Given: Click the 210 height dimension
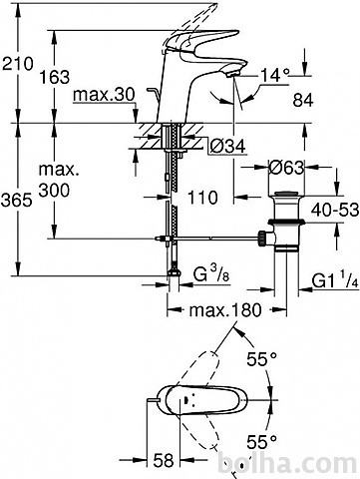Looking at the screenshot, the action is coord(18,64).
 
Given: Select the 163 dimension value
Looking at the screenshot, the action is coord(55,77).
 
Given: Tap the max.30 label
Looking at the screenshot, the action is coord(104,95).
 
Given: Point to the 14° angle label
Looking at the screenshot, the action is coord(275,75).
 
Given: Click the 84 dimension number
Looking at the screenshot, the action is coord(303,100).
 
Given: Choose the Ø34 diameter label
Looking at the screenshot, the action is coord(228,146).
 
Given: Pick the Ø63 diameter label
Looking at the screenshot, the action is coord(286,168).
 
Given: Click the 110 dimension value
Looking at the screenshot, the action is coord(202,198).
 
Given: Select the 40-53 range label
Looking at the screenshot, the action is coord(335,210).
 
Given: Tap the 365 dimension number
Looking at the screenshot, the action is coord(17,201).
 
